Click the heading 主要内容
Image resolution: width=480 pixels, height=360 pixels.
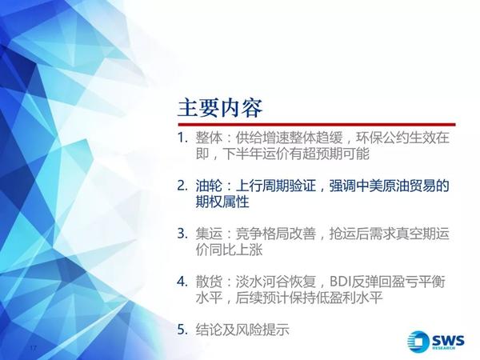(x=220, y=108)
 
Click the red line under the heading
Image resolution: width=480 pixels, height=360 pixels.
(x=317, y=125)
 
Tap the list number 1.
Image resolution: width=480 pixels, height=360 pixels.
(x=182, y=138)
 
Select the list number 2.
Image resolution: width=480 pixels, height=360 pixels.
(x=182, y=186)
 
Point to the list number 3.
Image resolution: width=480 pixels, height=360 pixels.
(x=182, y=234)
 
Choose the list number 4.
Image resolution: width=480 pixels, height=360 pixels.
(x=182, y=282)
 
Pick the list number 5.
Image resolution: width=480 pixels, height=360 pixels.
(x=182, y=330)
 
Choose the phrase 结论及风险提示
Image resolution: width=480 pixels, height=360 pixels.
(x=242, y=330)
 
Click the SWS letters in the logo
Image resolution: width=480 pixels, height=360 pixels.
(x=447, y=340)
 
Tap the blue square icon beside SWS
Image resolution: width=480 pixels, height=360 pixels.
(x=418, y=342)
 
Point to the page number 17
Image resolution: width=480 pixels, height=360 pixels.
(x=33, y=348)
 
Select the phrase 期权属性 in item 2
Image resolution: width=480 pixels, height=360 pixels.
(x=222, y=202)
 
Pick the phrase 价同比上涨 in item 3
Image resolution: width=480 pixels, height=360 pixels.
(x=230, y=250)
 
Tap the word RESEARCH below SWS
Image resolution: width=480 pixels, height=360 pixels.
(x=444, y=348)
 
